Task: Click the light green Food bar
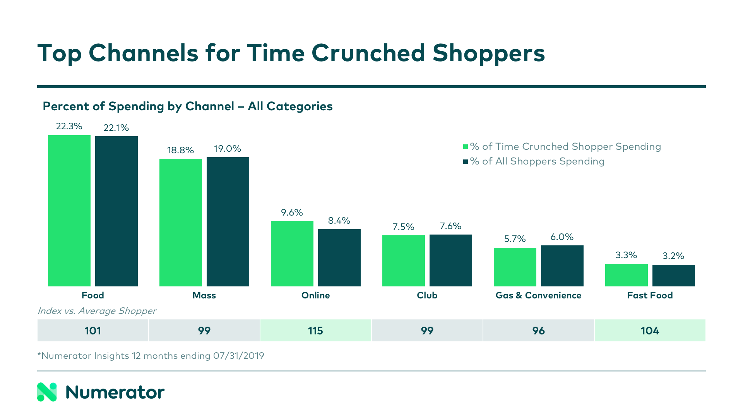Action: click(x=69, y=211)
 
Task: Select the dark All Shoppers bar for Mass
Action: click(x=228, y=222)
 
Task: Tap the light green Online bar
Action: click(x=292, y=254)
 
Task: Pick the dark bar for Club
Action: click(x=451, y=260)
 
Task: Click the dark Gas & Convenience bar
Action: click(x=562, y=266)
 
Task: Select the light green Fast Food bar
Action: click(x=627, y=275)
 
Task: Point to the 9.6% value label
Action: click(x=292, y=212)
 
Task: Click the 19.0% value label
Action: click(x=228, y=149)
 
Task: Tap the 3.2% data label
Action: click(x=673, y=256)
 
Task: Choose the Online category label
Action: click(x=315, y=295)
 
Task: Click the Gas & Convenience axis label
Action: click(x=538, y=295)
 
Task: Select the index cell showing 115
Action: click(x=315, y=331)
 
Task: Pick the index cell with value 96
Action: click(x=538, y=331)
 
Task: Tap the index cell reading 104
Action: click(x=650, y=331)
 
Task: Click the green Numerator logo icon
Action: click(x=47, y=392)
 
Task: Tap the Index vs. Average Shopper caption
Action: click(x=97, y=311)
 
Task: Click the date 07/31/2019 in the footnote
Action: click(x=238, y=356)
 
